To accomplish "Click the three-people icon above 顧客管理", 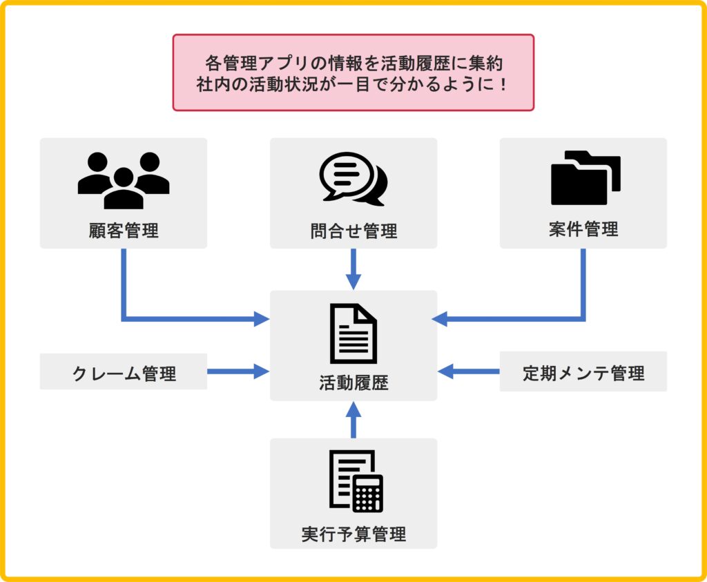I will pyautogui.click(x=124, y=180).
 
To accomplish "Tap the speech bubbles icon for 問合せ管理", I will pyautogui.click(x=353, y=179).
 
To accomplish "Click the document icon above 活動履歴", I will pyautogui.click(x=353, y=334).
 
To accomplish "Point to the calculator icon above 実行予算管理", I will pyautogui.click(x=356, y=481).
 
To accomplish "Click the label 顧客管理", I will pyautogui.click(x=124, y=230).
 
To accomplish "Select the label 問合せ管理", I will pyautogui.click(x=353, y=231).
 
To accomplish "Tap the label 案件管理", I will pyautogui.click(x=583, y=229).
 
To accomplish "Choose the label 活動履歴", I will pyautogui.click(x=353, y=383).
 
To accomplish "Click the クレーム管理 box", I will pyautogui.click(x=124, y=373).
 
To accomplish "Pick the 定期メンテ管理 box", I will pyautogui.click(x=583, y=373).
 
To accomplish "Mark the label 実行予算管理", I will pyautogui.click(x=353, y=534).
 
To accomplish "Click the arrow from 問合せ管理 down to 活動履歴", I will pyautogui.click(x=353, y=269).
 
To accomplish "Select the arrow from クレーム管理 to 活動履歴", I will pyautogui.click(x=238, y=371).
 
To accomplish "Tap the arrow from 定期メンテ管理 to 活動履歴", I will pyautogui.click(x=469, y=371).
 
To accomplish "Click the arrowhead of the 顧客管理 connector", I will pyautogui.click(x=262, y=319).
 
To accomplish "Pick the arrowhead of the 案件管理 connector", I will pyautogui.click(x=439, y=319).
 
